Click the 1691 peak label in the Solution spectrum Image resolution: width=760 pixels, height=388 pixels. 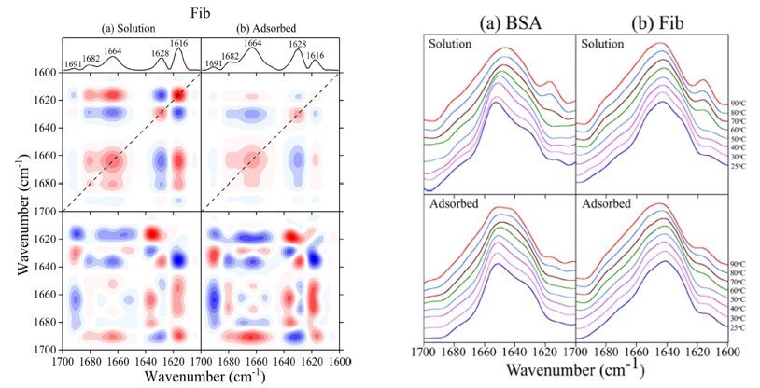point(74,64)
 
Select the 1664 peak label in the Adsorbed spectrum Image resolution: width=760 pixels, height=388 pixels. point(253,43)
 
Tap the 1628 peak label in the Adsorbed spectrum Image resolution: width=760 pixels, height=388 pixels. point(298,43)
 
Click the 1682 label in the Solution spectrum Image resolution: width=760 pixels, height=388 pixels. point(91,58)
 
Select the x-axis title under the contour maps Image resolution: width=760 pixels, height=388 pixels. point(200,376)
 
